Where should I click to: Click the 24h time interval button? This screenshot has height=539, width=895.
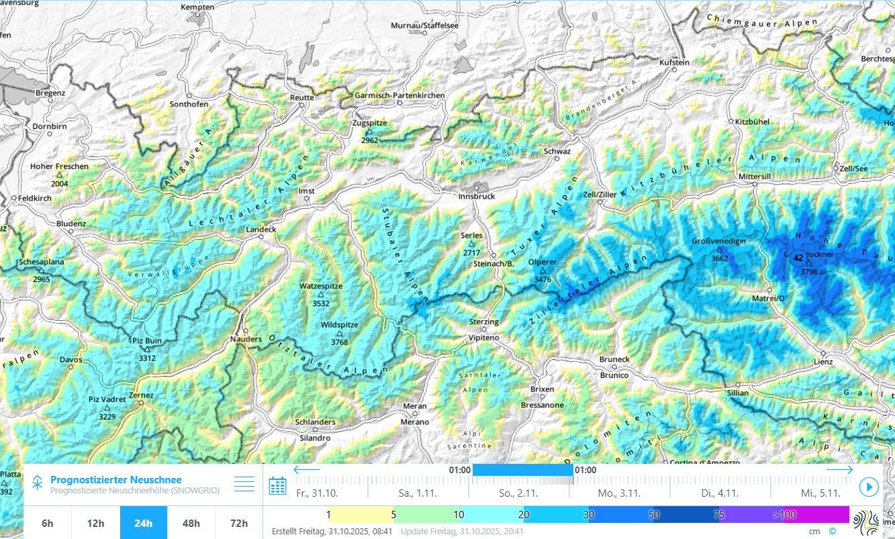pos(143,523)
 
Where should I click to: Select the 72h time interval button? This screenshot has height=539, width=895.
pos(238,523)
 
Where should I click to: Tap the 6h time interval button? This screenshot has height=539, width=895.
pos(48,523)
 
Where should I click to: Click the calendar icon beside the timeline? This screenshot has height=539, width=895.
pos(277,486)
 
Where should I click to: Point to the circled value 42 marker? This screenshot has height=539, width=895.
pos(798,258)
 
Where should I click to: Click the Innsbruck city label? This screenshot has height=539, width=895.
pos(477,196)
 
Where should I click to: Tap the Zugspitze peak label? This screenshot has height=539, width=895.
pos(369,124)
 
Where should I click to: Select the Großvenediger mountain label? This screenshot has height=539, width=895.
pos(719,240)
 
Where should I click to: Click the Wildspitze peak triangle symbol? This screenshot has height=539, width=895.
pos(339,333)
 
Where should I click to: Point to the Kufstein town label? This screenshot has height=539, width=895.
pos(675,62)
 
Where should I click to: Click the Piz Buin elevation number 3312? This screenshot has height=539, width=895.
pos(146,358)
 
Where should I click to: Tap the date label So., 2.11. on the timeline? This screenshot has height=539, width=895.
pos(518,493)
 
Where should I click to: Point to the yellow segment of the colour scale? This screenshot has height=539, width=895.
pos(361,515)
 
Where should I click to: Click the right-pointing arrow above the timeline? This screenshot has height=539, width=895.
pos(840,470)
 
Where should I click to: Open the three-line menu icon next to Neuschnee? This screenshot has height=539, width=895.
pos(244,483)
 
